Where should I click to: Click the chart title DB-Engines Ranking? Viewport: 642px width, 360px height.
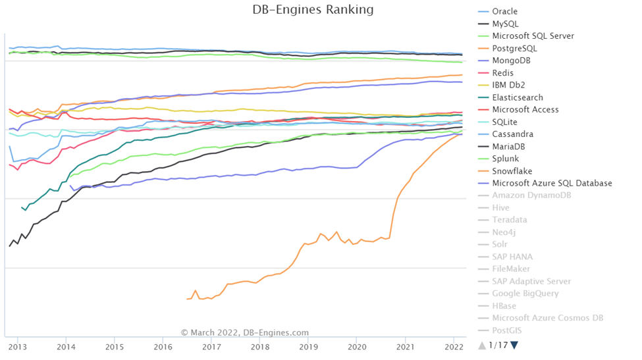pos(313,10)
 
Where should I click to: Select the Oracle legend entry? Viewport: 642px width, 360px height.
pos(504,12)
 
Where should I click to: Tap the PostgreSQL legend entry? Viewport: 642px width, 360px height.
pos(514,49)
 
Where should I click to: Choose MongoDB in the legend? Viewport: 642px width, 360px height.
pos(511,61)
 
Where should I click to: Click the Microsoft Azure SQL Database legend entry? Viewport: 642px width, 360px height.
pos(552,184)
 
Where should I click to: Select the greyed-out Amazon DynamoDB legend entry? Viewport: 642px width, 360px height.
pos(531,196)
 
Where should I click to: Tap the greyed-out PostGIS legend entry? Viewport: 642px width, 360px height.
pos(506,330)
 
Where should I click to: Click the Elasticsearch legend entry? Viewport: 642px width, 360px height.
pos(518,97)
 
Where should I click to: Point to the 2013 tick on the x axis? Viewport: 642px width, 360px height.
pos(18,346)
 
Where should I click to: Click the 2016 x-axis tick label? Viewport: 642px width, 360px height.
pos(163,346)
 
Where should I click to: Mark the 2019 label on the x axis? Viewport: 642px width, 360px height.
pos(309,346)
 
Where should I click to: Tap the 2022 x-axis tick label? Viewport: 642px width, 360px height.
pos(454,346)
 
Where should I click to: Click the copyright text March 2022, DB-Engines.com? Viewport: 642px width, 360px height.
pos(245,333)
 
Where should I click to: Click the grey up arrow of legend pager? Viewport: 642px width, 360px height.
pos(482,345)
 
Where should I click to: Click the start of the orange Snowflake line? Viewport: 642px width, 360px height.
pos(188,299)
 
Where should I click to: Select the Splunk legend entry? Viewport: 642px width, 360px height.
pos(506,159)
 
